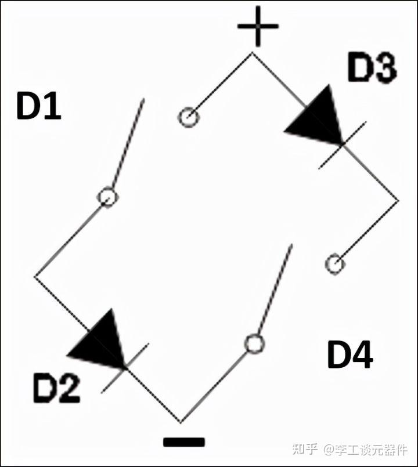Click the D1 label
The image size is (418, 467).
click(39, 107)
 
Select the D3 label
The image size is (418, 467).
click(372, 68)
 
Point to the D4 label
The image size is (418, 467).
click(350, 354)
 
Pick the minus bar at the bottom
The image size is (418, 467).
click(184, 442)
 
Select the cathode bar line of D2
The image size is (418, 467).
click(125, 367)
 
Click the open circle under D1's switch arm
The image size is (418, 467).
click(107, 197)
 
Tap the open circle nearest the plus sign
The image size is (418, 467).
click(188, 118)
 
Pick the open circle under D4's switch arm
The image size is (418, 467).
click(254, 343)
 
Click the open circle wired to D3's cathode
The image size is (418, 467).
click(335, 264)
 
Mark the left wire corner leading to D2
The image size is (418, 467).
click(35, 277)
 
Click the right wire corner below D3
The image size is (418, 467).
click(399, 201)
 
